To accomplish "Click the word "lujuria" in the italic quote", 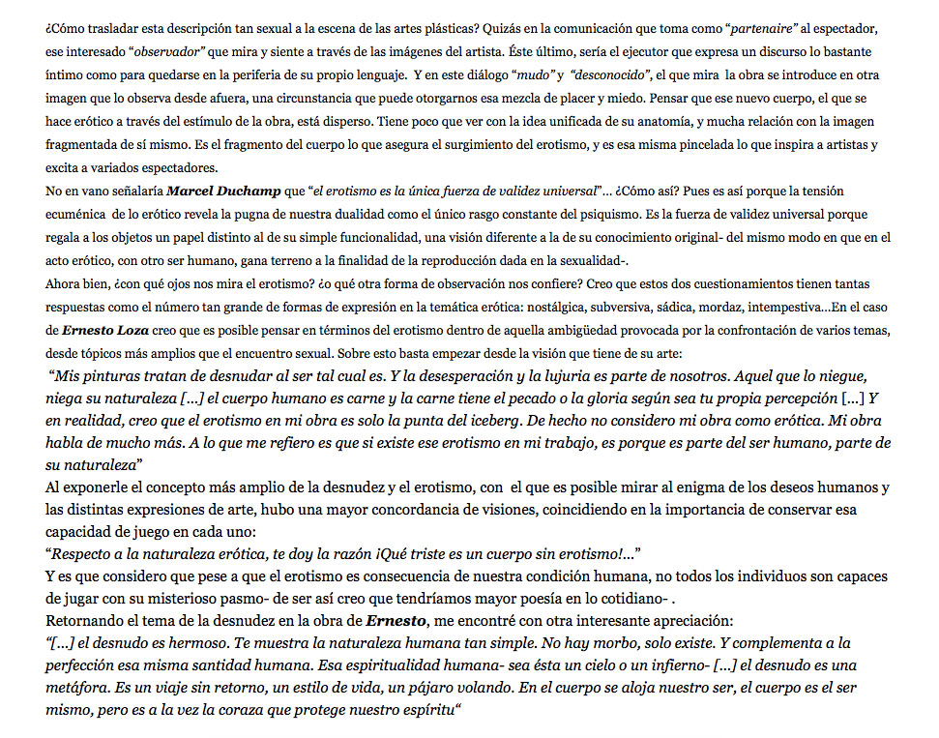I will (571, 375).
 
